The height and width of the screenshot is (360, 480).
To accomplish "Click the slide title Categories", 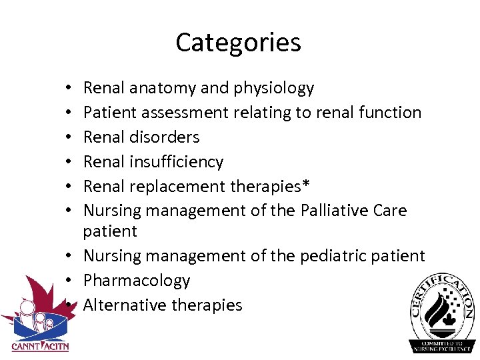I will pyautogui.click(x=238, y=43).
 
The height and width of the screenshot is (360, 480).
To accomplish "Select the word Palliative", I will pyautogui.click(x=339, y=211).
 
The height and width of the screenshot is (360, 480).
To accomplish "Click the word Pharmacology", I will pyautogui.click(x=137, y=281).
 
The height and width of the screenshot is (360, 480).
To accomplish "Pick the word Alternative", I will pyautogui.click(x=125, y=305).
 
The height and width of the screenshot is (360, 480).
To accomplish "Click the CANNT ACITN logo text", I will pyautogui.click(x=40, y=345).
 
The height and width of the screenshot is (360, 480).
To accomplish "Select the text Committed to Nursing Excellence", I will pyautogui.click(x=442, y=343).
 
